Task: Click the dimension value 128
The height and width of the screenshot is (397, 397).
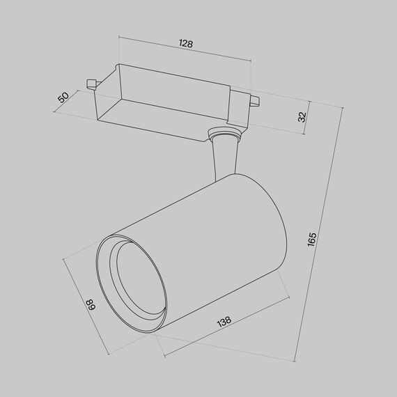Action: click(x=185, y=43)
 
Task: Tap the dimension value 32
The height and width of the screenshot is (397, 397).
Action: click(x=302, y=117)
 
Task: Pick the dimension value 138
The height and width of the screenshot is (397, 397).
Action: click(x=224, y=322)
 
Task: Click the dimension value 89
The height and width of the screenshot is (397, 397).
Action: click(x=90, y=304)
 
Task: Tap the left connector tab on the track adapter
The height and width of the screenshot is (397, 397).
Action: click(x=91, y=84)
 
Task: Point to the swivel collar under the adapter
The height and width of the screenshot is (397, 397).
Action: click(x=224, y=134)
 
